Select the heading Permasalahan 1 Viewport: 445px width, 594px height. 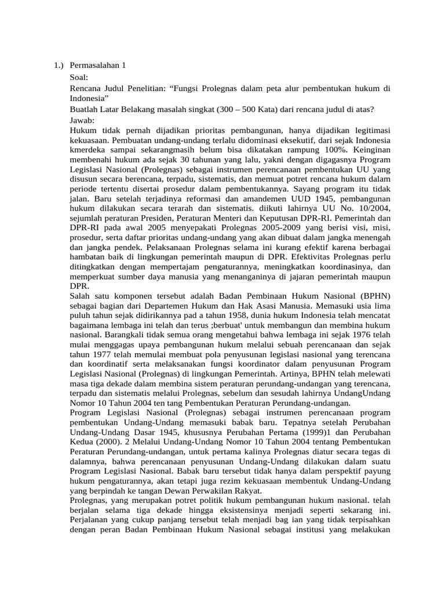[97, 66]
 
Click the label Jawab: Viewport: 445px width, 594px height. [82, 120]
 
